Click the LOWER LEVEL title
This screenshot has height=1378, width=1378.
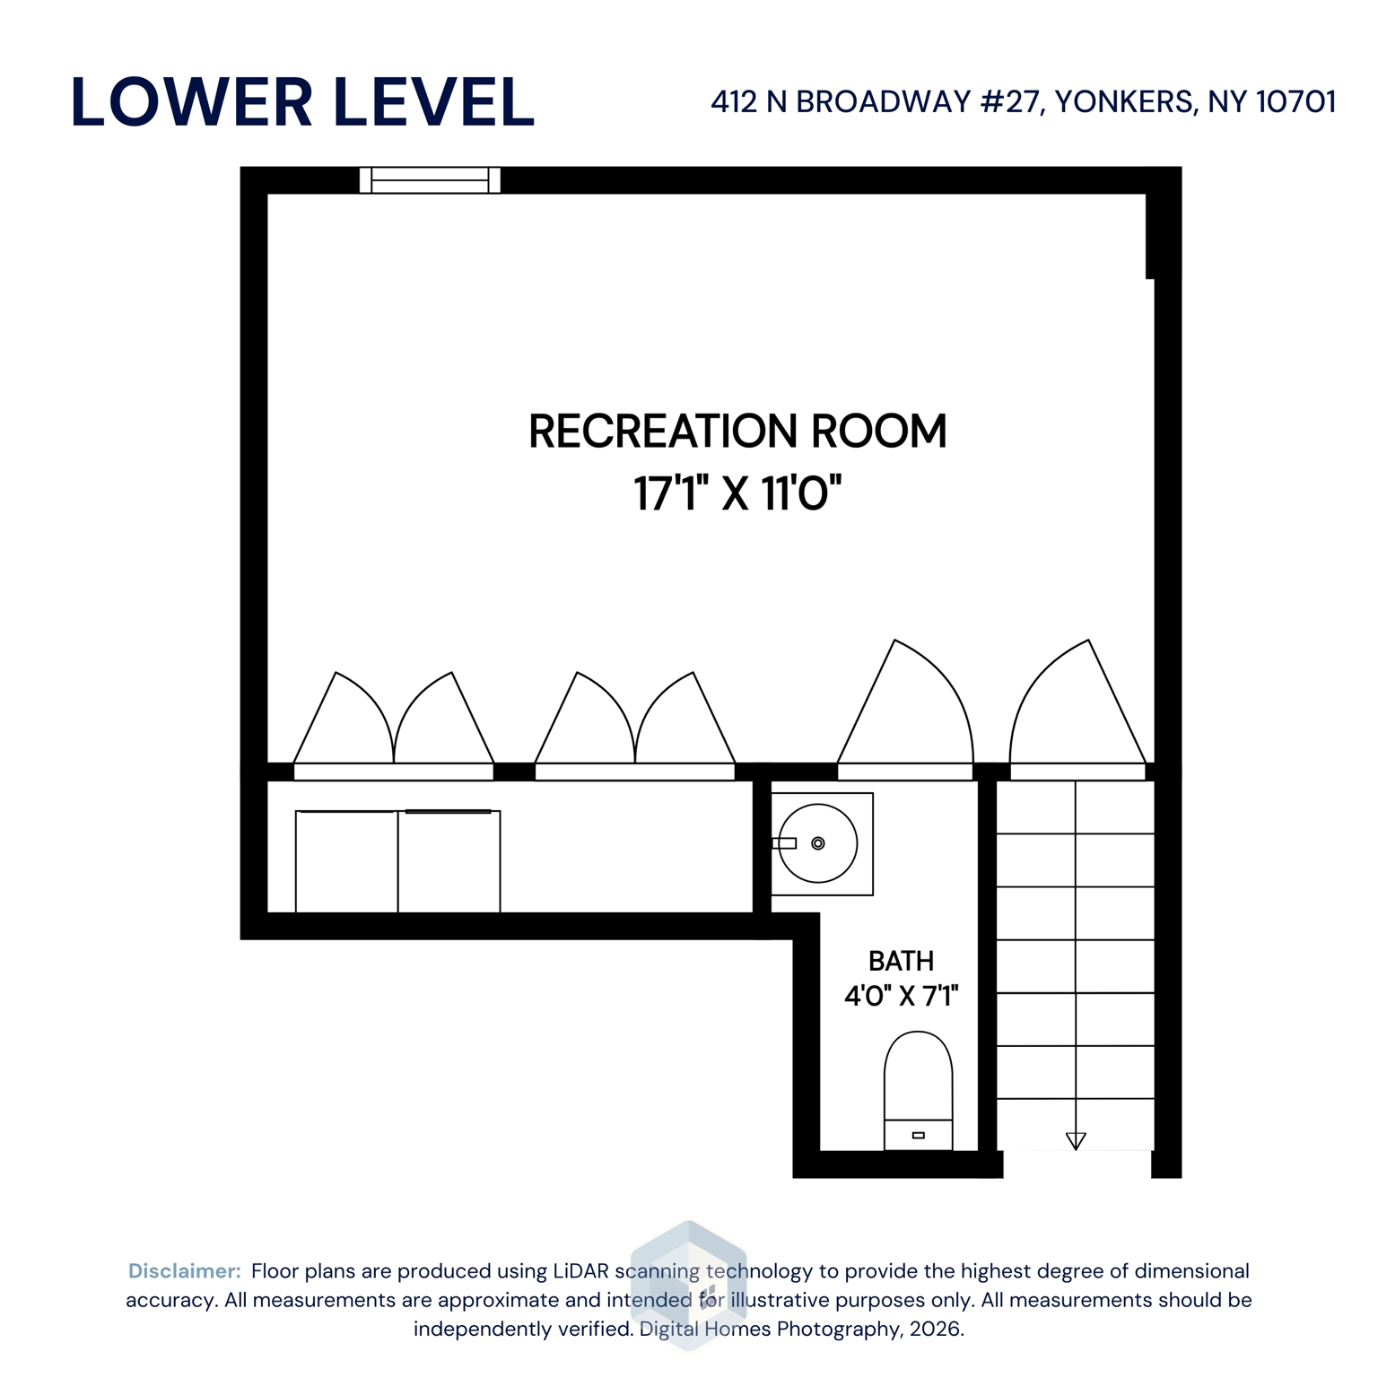click(x=302, y=102)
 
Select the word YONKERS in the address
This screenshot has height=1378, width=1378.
click(x=1125, y=102)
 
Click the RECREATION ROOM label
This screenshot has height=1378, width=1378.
click(x=737, y=432)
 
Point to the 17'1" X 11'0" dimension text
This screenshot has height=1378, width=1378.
click(x=737, y=493)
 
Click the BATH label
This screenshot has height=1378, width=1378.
click(x=901, y=962)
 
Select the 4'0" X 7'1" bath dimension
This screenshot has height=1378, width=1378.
click(x=901, y=996)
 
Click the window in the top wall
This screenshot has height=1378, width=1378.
click(x=430, y=180)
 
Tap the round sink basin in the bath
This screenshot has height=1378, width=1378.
click(x=818, y=843)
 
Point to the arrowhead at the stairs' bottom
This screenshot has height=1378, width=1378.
click(x=1076, y=1141)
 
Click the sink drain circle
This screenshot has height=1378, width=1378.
click(x=818, y=843)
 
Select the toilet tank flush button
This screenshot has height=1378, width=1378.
click(x=918, y=1136)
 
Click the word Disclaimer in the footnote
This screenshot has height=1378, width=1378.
click(x=184, y=1271)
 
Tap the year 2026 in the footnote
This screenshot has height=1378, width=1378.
click(x=935, y=1329)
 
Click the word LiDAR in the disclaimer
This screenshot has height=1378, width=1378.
click(x=580, y=1271)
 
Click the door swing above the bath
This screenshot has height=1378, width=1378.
click(x=906, y=709)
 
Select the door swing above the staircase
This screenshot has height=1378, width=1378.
click(x=1077, y=709)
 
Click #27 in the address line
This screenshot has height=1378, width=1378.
click(x=1011, y=102)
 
